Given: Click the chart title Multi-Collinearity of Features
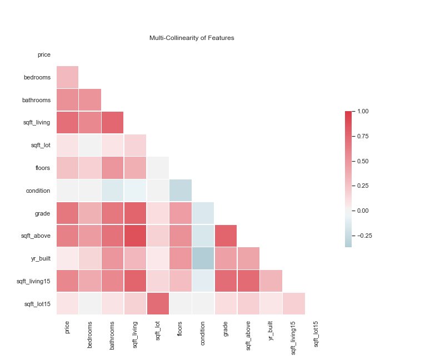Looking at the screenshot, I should [x=192, y=38].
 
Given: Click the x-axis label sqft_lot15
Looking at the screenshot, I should [x=316, y=334].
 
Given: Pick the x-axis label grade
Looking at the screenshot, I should [x=226, y=330].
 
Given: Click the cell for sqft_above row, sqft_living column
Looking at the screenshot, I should [x=135, y=236].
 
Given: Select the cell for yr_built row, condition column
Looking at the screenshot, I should [x=203, y=259].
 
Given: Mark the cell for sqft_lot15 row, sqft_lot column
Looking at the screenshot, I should [x=158, y=304].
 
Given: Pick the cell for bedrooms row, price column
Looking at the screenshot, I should [x=67, y=77].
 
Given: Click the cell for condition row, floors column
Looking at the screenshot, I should [x=181, y=191].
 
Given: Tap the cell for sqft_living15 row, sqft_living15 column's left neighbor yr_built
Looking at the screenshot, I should [x=271, y=281].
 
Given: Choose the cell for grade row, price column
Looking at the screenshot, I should [x=67, y=213].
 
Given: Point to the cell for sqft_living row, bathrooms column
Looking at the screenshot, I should [x=113, y=123].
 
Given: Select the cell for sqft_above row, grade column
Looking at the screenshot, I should [x=226, y=236].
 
